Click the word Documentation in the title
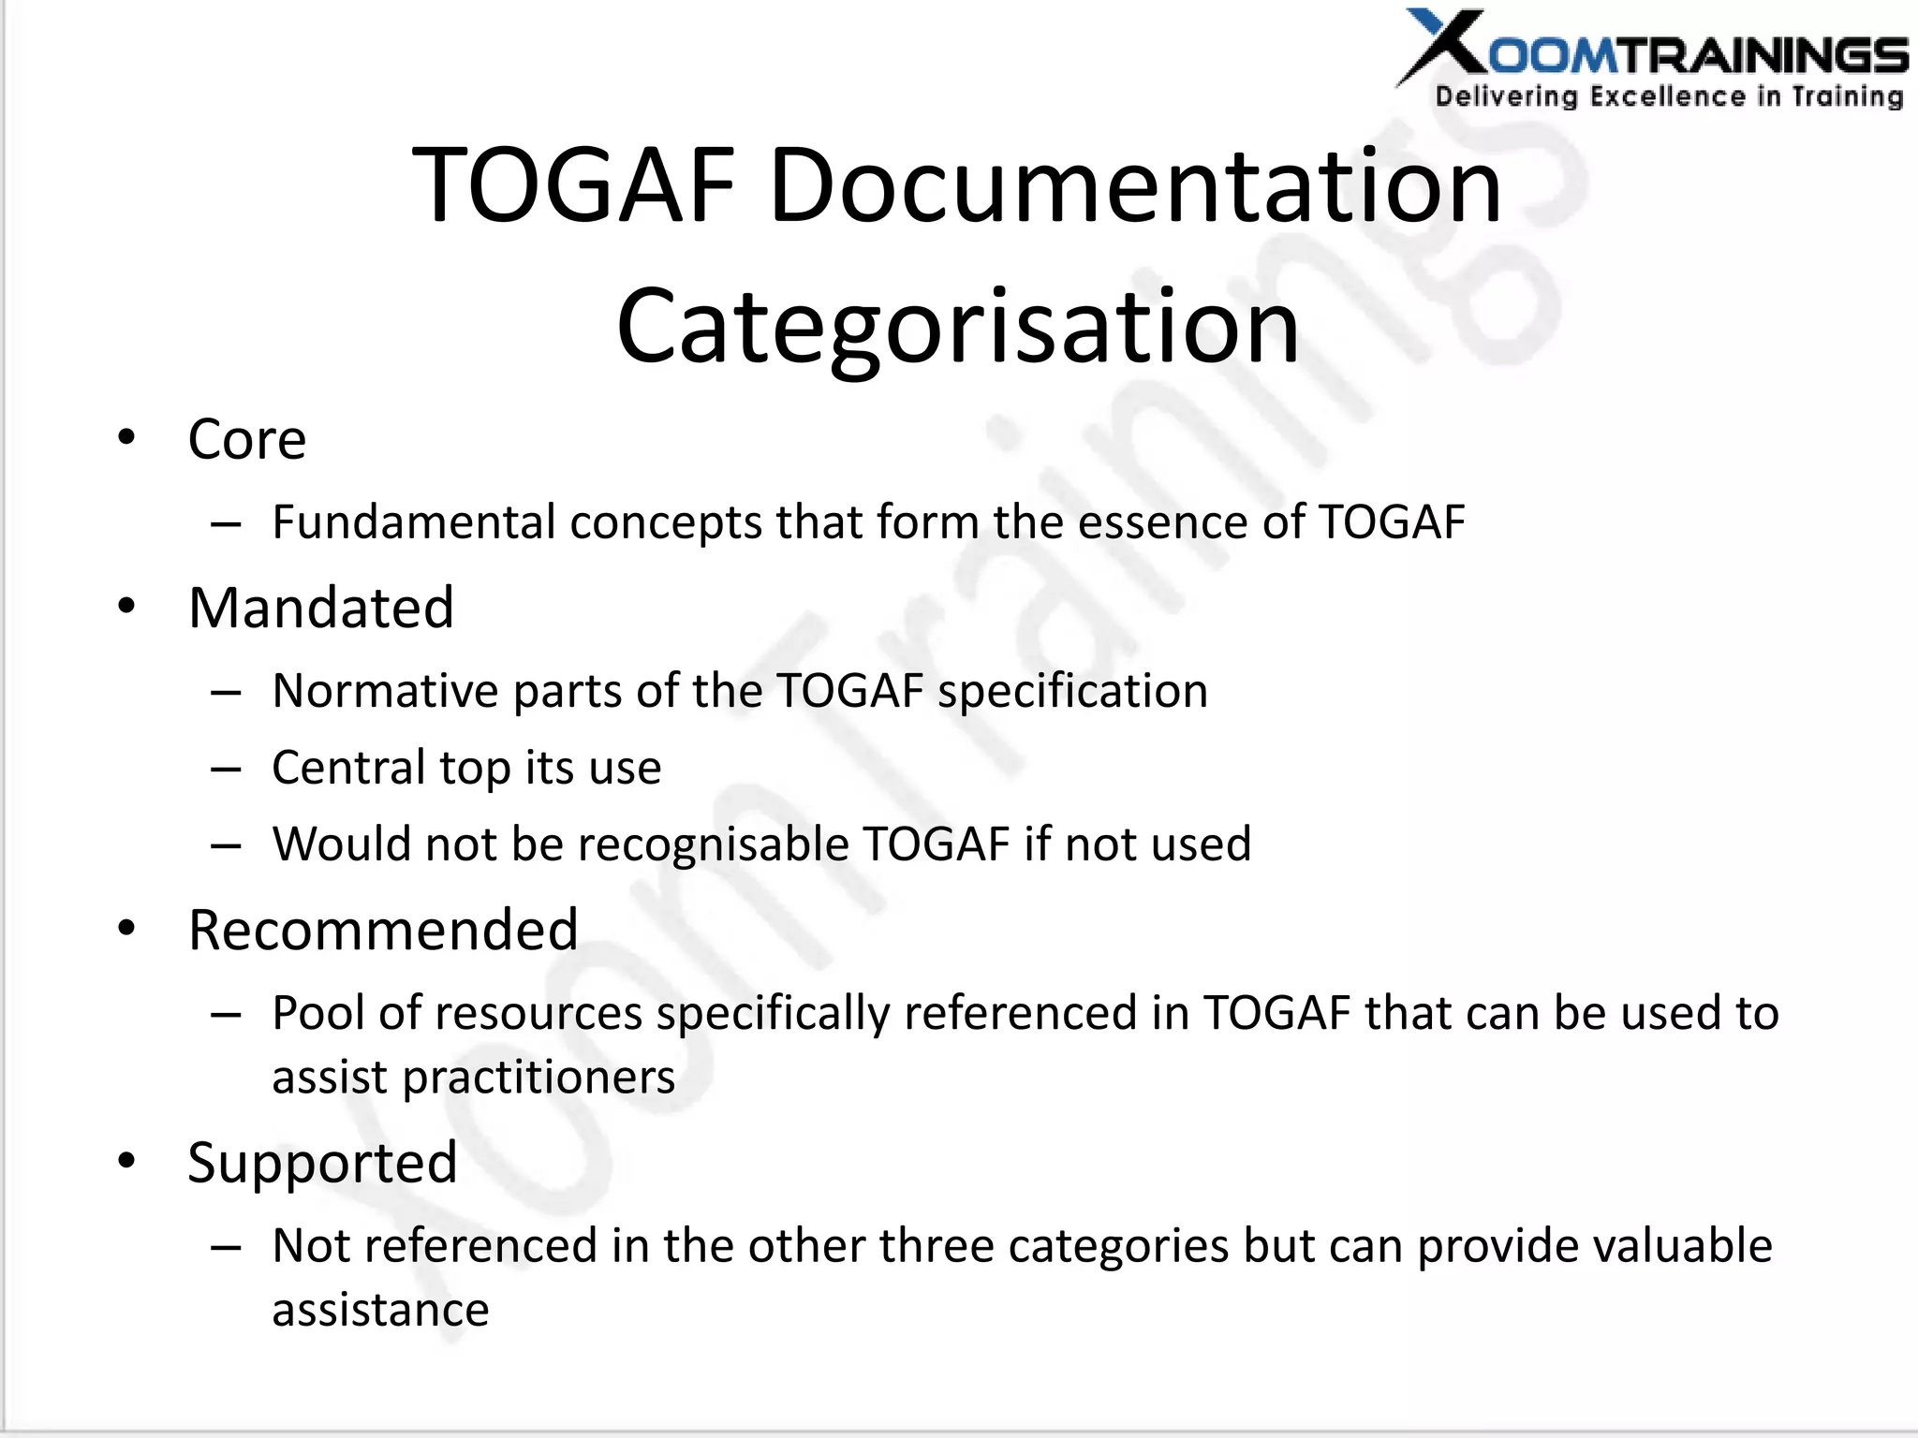pyautogui.click(x=1135, y=185)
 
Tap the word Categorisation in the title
pyautogui.click(x=958, y=326)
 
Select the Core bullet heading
pyautogui.click(x=247, y=439)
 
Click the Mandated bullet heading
pyautogui.click(x=321, y=608)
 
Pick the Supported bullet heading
pyautogui.click(x=322, y=1162)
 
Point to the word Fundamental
pyautogui.click(x=414, y=521)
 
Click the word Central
pyautogui.click(x=348, y=768)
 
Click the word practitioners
pyautogui.click(x=539, y=1078)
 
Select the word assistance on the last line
pyautogui.click(x=380, y=1310)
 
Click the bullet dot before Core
pyautogui.click(x=126, y=438)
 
